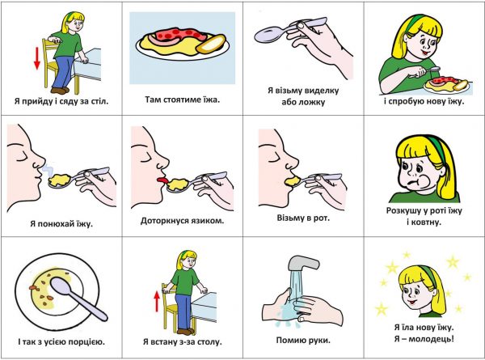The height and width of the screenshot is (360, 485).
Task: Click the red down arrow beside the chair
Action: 37,58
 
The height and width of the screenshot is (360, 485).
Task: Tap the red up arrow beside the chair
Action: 157,302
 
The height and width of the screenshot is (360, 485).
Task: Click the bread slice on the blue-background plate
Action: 211,44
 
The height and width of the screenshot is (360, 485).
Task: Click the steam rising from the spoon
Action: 46,170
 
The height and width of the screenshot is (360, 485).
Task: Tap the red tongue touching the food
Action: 162,180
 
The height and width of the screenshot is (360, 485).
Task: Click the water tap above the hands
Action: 303,263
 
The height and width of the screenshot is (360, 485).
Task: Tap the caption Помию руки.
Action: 303,341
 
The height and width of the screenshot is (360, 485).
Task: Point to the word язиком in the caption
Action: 209,221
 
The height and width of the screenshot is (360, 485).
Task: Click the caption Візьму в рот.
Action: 303,218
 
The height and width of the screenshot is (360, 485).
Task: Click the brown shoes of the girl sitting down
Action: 60,91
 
